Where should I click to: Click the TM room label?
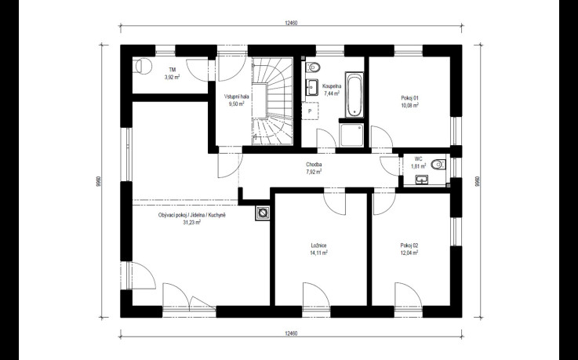[173, 70]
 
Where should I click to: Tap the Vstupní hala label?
[237, 96]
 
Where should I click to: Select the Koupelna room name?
[332, 86]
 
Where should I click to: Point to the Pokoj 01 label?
[410, 98]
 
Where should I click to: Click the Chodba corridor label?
[314, 165]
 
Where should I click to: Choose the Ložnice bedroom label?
[319, 245]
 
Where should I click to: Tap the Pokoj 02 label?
[409, 245]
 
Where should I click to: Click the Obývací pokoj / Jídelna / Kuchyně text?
[191, 215]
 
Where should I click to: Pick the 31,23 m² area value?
[191, 223]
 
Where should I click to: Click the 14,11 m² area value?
[319, 253]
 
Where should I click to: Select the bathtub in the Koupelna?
[354, 94]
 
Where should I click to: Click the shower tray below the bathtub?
[352, 135]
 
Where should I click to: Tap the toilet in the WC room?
[438, 164]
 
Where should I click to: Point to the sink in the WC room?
[422, 180]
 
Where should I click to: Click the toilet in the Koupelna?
[313, 67]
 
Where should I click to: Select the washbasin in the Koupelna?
[312, 88]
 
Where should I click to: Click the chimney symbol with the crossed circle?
[263, 213]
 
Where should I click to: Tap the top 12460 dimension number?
[291, 23]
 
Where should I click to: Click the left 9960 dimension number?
[98, 181]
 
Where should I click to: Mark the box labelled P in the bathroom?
[310, 111]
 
